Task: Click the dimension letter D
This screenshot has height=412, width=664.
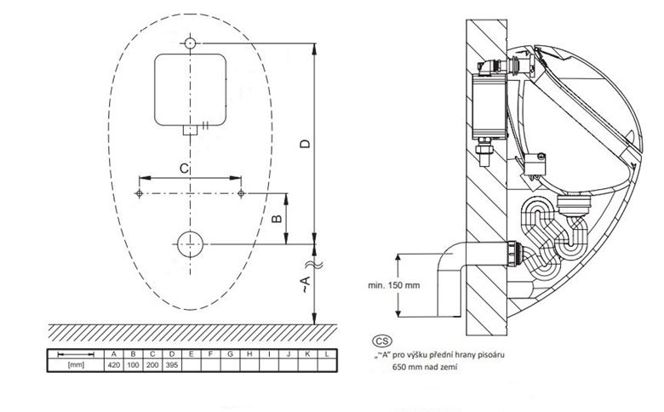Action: pos(305,144)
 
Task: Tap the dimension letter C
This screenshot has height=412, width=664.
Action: pos(184,169)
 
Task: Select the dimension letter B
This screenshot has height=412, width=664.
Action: pos(277,219)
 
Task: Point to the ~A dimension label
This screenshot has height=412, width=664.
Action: pos(305,283)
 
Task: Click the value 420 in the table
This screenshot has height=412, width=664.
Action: pos(114,365)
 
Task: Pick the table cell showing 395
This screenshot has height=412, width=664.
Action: pos(171,365)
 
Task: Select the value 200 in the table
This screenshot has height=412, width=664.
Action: pos(152,365)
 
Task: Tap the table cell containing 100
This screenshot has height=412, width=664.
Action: pos(133,365)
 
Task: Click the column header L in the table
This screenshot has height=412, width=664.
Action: pos(327,354)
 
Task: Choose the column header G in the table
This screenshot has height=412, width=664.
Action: pos(230,354)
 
